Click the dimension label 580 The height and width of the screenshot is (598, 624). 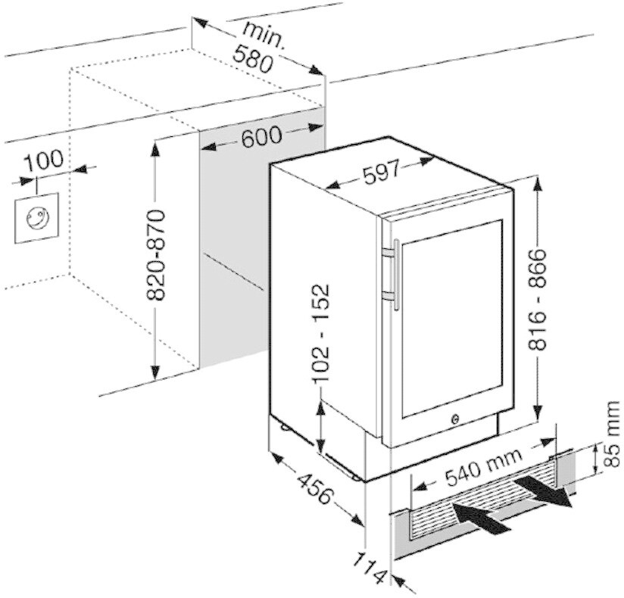(253, 57)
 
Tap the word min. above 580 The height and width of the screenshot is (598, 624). (264, 34)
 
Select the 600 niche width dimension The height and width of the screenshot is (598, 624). (261, 136)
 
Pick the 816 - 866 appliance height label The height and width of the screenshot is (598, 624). (538, 299)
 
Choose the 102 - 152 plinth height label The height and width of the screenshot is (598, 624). (323, 332)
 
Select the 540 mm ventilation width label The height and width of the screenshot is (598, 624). (483, 467)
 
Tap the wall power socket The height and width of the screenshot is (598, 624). (36, 218)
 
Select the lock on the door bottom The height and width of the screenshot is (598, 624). (456, 417)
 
